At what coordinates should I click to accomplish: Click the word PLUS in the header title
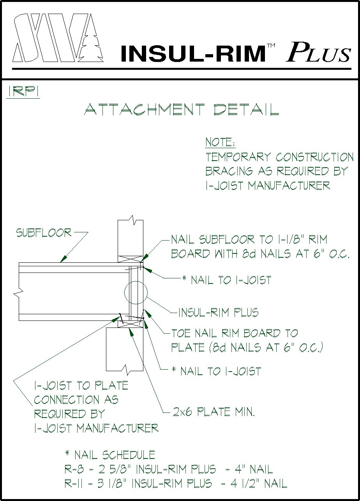(x=319, y=52)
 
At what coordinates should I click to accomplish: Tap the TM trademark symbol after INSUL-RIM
(x=271, y=46)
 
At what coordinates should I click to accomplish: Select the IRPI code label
(x=23, y=92)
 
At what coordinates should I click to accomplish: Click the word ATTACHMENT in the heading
(x=144, y=110)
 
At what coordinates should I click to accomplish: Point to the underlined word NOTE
(x=219, y=142)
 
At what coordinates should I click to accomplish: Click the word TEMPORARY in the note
(x=238, y=157)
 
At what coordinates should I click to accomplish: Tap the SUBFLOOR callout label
(x=44, y=233)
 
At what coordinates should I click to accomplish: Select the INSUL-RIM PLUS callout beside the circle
(x=218, y=312)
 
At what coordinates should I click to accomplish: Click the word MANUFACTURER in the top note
(x=289, y=185)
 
